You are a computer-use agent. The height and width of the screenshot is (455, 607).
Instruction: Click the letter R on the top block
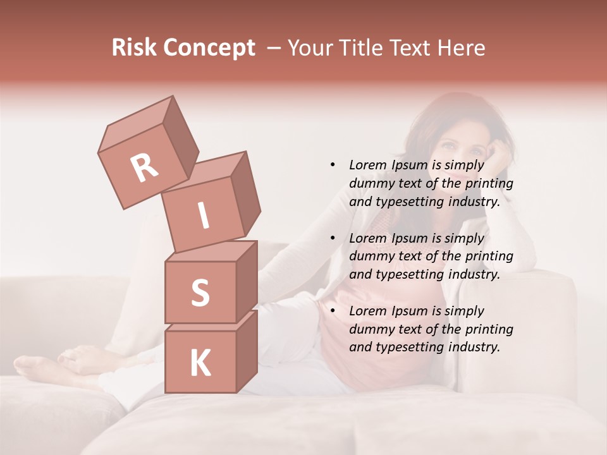[x=144, y=168]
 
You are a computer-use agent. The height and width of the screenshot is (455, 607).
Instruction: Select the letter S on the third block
[x=200, y=293]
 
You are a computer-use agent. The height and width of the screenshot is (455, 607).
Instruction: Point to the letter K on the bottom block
[x=200, y=363]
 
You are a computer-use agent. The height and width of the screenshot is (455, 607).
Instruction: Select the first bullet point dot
[x=333, y=165]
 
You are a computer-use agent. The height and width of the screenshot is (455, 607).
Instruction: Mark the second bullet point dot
[x=333, y=238]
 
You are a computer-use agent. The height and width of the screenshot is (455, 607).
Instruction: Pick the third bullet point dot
[x=333, y=311]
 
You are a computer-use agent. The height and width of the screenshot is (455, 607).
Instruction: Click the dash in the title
[x=274, y=48]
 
